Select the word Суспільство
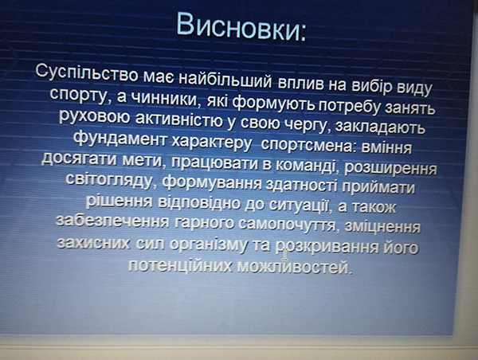pos(87,74)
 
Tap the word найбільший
pos(225,80)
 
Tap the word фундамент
pos(120,139)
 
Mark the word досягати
pos(79,158)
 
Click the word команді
pos(306,165)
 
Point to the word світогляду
pos(110,180)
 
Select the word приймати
pos(378,186)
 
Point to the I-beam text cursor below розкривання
pos(284,254)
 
